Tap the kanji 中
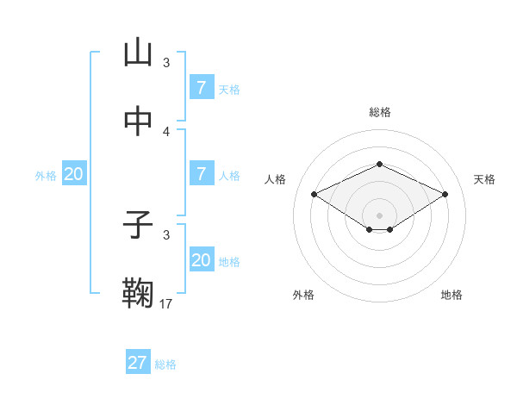[138, 122]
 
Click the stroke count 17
[166, 303]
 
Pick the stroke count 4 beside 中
[166, 131]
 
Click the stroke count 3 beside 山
[166, 62]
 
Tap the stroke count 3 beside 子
[166, 234]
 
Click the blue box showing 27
[138, 363]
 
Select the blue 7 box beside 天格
[201, 87]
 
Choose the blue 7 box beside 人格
[201, 174]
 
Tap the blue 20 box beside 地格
[201, 259]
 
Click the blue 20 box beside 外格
[74, 174]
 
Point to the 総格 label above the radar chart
[379, 112]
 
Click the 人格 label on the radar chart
[275, 179]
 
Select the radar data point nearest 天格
[445, 195]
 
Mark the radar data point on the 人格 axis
[314, 195]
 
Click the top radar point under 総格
[379, 163]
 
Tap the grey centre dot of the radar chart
[379, 215]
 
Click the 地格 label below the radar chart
[452, 295]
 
